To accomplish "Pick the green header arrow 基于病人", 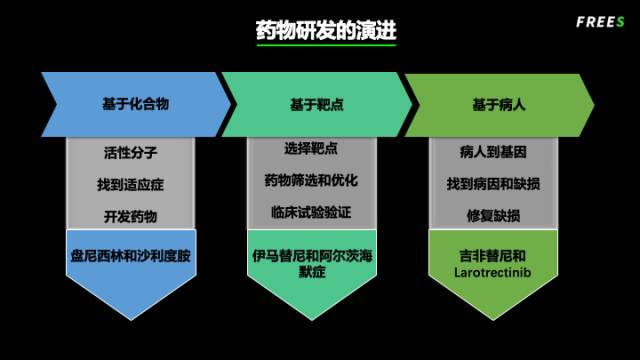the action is tap(499, 104).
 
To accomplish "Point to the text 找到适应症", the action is tap(130, 185).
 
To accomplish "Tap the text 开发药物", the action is tap(130, 216).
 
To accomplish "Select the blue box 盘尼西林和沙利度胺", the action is tap(130, 256).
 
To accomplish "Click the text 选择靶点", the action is tap(310, 149).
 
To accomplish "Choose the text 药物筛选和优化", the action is tap(310, 181).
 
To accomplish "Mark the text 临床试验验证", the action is tap(310, 212).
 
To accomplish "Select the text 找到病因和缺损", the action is tap(493, 185).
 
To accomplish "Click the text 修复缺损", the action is tap(493, 216).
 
